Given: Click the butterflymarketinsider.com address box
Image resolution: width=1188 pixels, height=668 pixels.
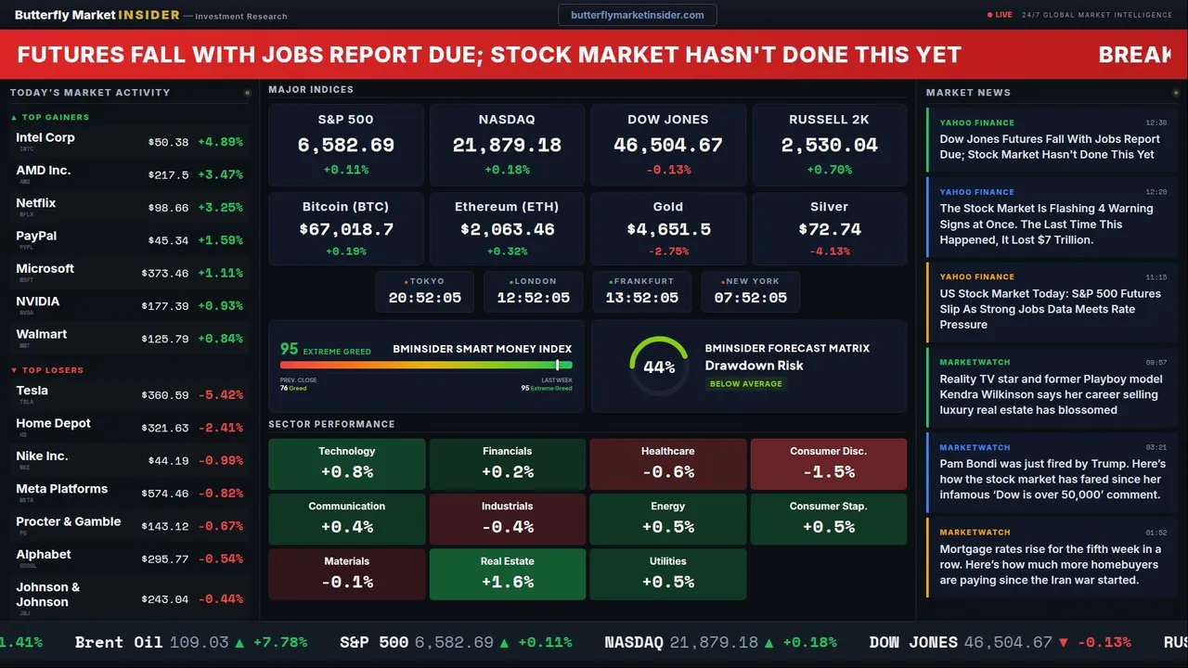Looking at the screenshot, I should [x=637, y=15].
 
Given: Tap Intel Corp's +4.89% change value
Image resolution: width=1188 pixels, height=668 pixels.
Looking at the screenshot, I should [x=220, y=142].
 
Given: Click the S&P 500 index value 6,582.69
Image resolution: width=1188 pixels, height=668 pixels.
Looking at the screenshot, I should [x=345, y=145].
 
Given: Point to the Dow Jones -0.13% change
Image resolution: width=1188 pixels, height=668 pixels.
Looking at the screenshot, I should [x=668, y=170].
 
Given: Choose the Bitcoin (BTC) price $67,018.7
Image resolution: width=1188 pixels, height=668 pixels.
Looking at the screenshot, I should [x=346, y=229].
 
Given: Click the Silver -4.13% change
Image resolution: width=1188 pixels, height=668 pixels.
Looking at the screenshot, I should [x=830, y=251].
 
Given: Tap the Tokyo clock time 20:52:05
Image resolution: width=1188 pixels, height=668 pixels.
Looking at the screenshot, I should [x=425, y=298].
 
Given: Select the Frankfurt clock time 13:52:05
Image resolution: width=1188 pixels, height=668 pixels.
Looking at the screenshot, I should [x=642, y=298].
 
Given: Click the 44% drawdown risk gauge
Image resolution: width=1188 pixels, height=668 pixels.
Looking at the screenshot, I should [x=659, y=366].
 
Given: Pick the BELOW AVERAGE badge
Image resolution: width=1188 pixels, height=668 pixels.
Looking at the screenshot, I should [x=745, y=383].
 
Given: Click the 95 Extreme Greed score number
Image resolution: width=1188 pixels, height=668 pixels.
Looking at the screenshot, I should [x=290, y=349].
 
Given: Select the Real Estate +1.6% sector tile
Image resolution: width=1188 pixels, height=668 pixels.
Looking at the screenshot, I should [x=508, y=573].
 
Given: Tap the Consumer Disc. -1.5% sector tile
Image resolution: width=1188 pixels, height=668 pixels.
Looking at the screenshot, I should [x=829, y=464].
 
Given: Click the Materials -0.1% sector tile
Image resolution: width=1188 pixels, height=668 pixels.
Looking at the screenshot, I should [x=347, y=573].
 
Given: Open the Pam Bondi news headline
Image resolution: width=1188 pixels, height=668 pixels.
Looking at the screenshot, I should [x=1050, y=479].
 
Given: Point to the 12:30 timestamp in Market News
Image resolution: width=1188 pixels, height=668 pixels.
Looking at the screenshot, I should [x=1156, y=122].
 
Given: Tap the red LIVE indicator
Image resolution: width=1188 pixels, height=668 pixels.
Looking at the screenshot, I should [x=1001, y=15].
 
